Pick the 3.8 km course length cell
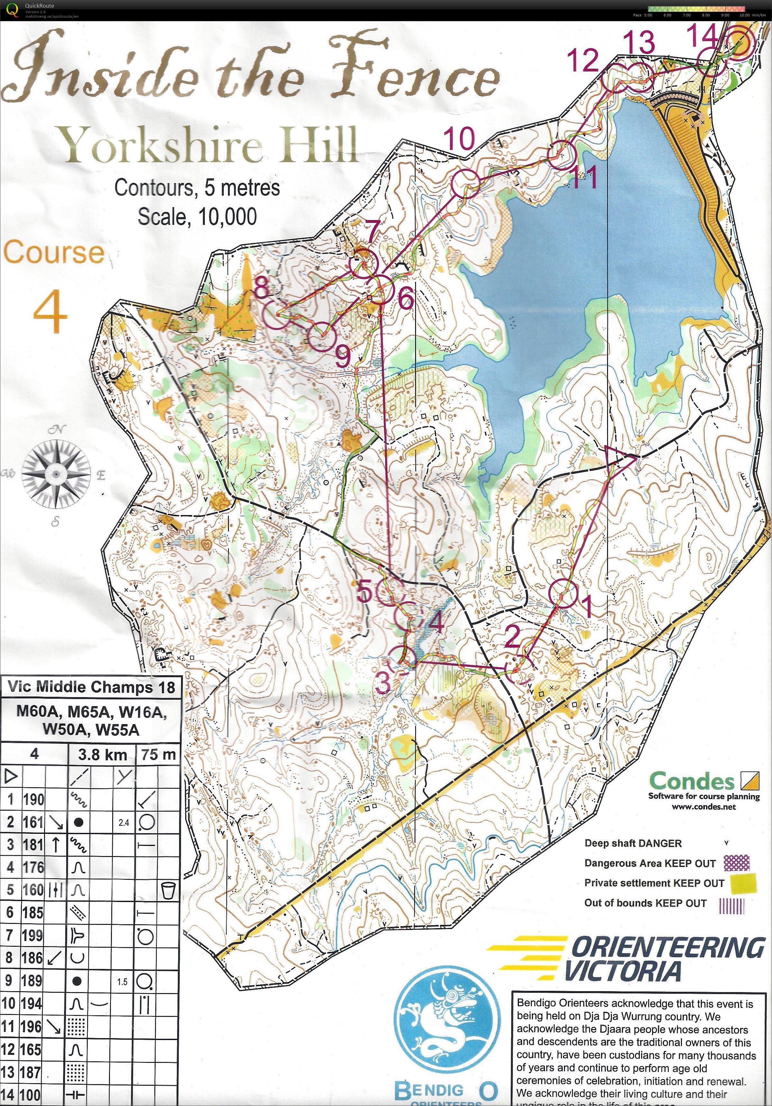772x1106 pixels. point(102,755)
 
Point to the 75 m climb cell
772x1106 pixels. point(159,755)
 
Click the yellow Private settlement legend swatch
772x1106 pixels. point(743,883)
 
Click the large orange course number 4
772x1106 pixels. point(50,311)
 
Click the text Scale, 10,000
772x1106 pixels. point(197,217)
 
